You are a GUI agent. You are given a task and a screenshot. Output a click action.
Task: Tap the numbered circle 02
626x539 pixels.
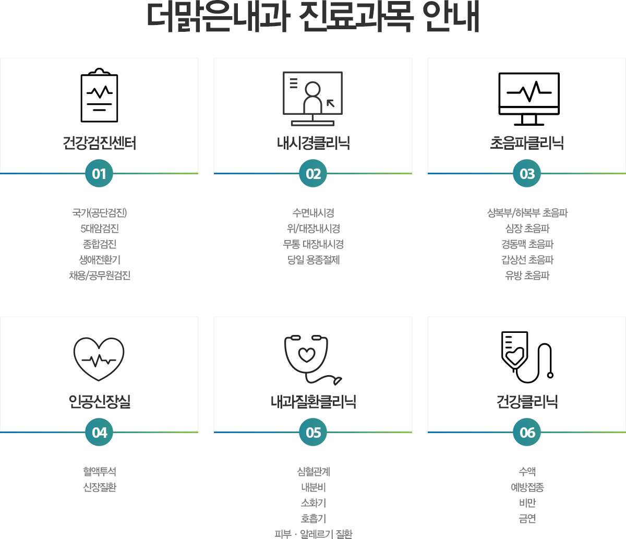point(313,173)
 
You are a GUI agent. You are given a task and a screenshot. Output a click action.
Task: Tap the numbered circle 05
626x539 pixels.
point(313,432)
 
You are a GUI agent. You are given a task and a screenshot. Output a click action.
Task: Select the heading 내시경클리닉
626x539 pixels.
point(313,143)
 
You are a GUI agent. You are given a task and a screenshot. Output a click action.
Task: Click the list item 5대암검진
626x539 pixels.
point(100,229)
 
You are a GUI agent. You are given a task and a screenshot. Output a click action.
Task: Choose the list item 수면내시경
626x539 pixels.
point(313,213)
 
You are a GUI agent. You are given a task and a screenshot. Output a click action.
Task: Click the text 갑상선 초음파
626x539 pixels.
point(527,260)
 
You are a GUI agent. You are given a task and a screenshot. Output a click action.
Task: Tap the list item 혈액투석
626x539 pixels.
point(100,472)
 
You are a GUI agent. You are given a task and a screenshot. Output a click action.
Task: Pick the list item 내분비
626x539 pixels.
point(313,487)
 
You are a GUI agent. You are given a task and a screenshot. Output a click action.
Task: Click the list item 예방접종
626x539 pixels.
point(527,487)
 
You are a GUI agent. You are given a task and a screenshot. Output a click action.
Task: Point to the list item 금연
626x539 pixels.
point(527,519)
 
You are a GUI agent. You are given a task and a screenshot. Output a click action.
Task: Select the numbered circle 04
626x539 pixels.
point(99,432)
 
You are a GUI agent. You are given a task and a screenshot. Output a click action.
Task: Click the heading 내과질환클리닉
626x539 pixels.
point(313,402)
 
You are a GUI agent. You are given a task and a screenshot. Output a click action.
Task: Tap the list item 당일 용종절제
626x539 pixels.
point(313,260)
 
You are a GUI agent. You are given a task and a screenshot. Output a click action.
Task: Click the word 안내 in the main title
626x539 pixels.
point(451,17)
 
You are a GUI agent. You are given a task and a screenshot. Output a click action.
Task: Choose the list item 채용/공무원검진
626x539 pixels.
point(100,276)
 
